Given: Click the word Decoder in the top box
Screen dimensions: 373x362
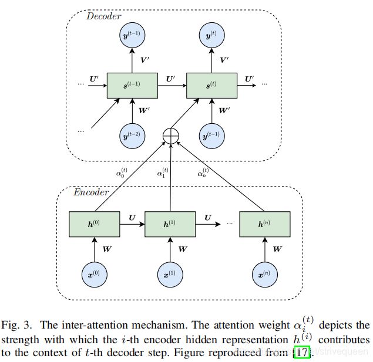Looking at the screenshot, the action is [x=104, y=16].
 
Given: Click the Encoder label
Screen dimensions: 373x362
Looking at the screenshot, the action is [x=91, y=192].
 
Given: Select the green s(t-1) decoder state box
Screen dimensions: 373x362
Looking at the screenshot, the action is [x=132, y=86].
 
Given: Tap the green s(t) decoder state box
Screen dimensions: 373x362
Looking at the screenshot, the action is [x=211, y=86].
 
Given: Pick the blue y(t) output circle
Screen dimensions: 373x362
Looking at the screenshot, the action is [x=211, y=35].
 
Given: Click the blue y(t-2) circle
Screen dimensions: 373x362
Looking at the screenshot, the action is [x=132, y=136].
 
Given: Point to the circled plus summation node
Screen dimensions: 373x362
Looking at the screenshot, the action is [x=171, y=136].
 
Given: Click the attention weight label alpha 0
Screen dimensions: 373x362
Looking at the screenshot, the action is [x=122, y=172].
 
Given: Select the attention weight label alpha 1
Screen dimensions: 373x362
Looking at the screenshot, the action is [x=163, y=172].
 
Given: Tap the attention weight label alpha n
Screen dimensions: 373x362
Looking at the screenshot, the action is [x=203, y=172].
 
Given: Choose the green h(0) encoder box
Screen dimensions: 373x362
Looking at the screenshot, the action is [x=95, y=224].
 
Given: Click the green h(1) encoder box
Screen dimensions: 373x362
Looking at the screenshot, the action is [x=170, y=224].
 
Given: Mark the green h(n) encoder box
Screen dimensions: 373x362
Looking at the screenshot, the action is [x=265, y=224].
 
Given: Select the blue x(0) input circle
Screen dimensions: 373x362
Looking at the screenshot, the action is [x=95, y=275].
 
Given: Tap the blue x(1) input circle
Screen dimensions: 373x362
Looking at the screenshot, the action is [x=170, y=275].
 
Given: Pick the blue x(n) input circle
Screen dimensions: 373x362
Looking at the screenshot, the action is [x=265, y=275].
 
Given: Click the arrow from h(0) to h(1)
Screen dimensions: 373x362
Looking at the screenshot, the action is [x=132, y=224].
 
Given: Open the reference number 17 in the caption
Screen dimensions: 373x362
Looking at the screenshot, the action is [x=302, y=352].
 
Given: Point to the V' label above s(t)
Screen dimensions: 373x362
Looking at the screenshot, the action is [x=224, y=60].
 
